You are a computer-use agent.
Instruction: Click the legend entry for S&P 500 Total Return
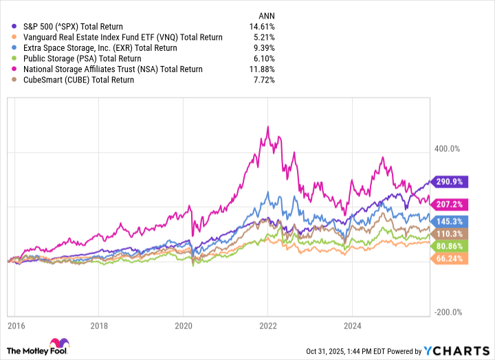pos(68,27)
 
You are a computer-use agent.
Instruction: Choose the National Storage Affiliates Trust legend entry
pos(104,69)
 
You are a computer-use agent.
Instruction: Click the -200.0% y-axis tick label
pos(450,312)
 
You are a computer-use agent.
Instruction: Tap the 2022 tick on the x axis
pos(268,325)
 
